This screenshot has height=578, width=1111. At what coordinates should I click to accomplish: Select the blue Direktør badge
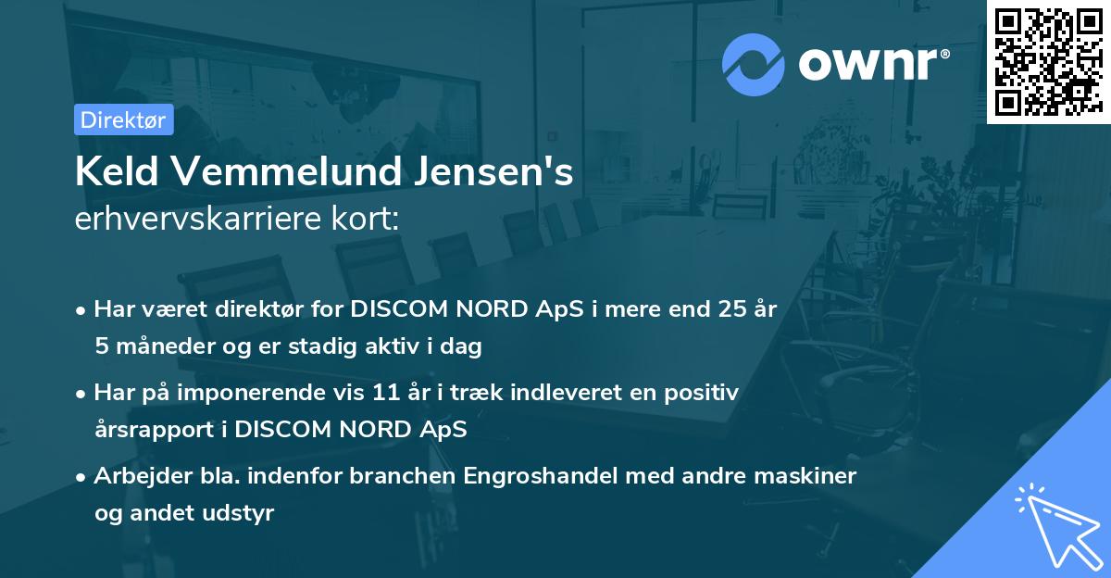pyautogui.click(x=123, y=119)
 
